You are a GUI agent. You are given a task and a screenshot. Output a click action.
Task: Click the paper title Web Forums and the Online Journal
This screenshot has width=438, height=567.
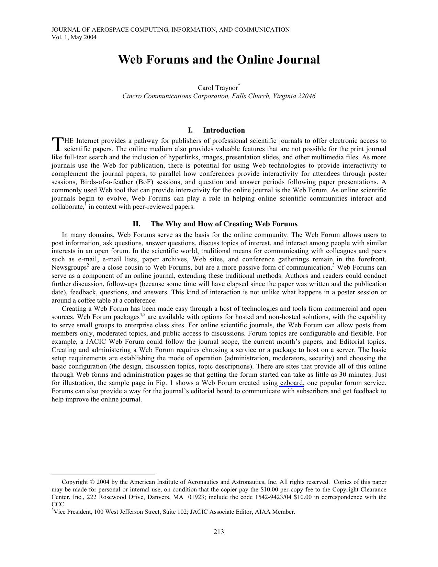(x=219, y=60)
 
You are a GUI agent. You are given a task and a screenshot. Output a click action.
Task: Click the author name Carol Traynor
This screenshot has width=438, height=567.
(x=217, y=88)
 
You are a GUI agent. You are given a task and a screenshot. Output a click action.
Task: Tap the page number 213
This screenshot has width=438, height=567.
(x=218, y=532)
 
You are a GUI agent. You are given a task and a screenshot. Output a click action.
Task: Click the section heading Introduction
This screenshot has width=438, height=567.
(x=224, y=130)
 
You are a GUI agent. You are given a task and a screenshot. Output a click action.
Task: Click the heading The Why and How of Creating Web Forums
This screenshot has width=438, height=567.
(x=224, y=224)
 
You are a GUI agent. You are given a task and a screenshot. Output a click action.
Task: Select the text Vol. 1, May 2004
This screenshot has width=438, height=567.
(x=74, y=37)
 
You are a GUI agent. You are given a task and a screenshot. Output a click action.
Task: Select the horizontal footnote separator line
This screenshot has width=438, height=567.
(x=103, y=475)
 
